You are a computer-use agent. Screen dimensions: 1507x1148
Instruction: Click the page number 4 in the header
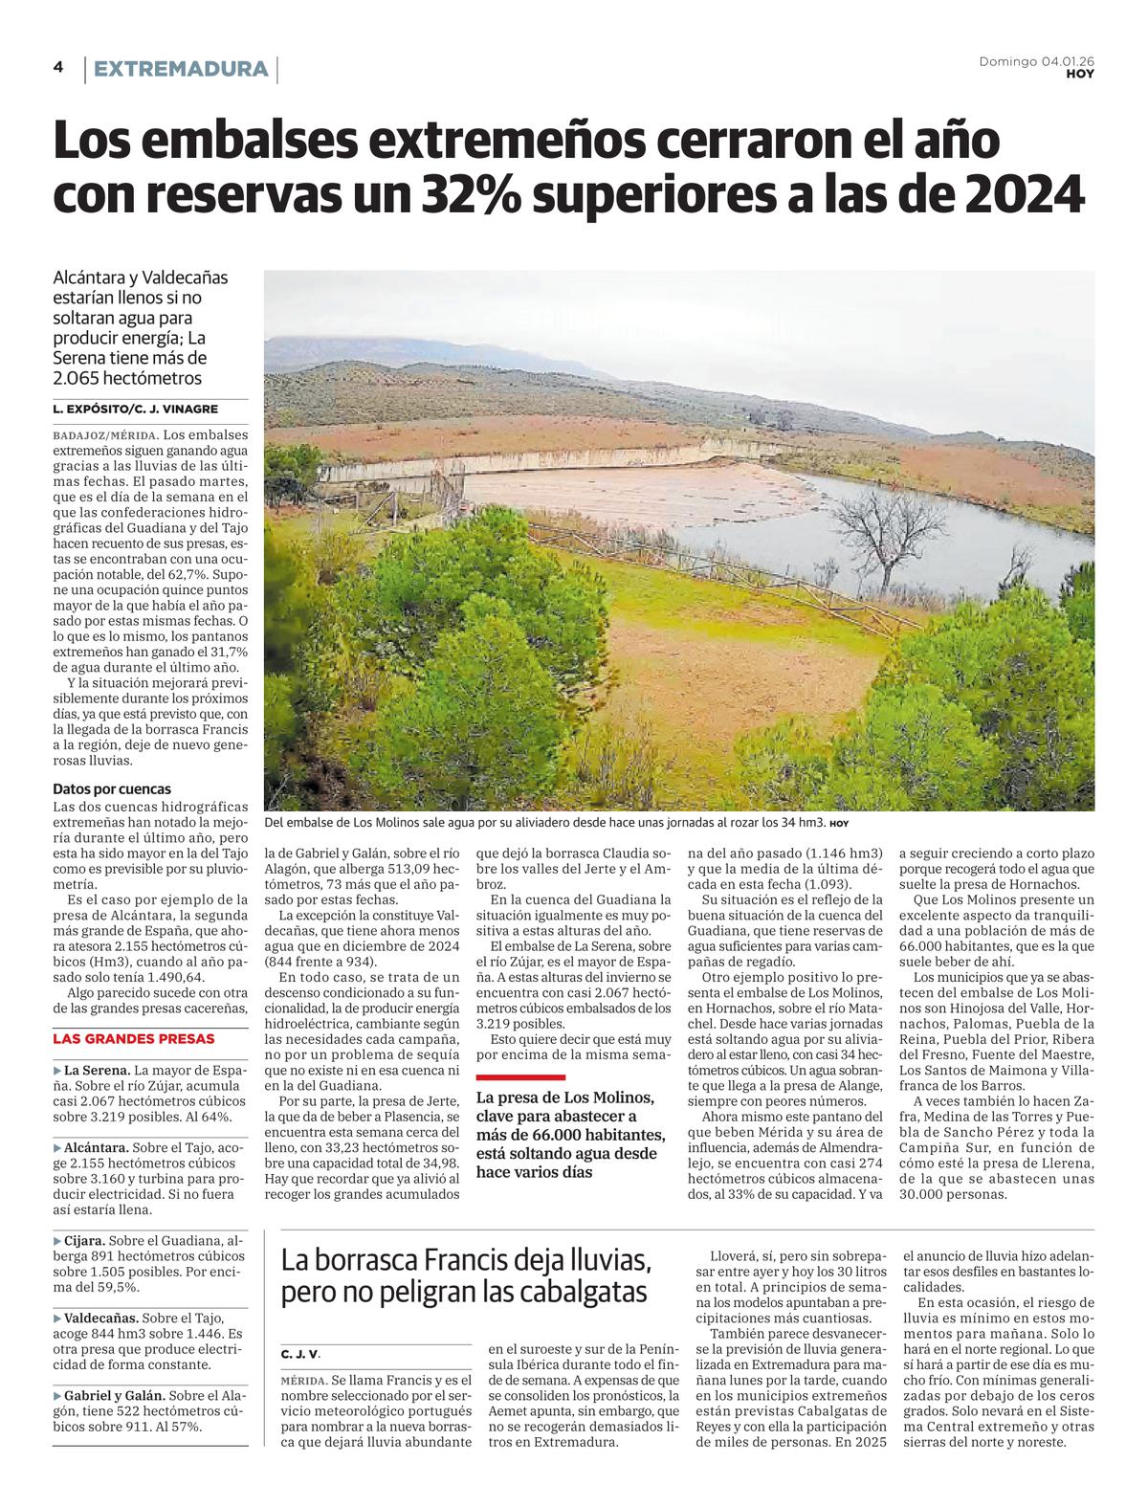[x=58, y=67]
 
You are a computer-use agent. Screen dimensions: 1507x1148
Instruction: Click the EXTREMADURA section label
[x=181, y=69]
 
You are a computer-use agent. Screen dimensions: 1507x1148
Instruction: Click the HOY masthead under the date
[x=1080, y=75]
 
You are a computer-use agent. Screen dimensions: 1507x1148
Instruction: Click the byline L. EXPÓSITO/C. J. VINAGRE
[x=136, y=410]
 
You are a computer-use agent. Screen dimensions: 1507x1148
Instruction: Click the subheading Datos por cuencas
[x=112, y=789]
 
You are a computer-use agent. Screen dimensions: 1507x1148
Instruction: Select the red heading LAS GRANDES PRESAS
[x=134, y=1039]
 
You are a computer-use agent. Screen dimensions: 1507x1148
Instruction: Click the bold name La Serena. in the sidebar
[x=97, y=1070]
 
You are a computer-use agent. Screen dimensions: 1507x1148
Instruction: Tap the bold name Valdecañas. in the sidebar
[x=101, y=1318]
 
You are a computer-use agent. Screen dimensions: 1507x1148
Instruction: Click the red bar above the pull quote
[x=520, y=1076]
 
